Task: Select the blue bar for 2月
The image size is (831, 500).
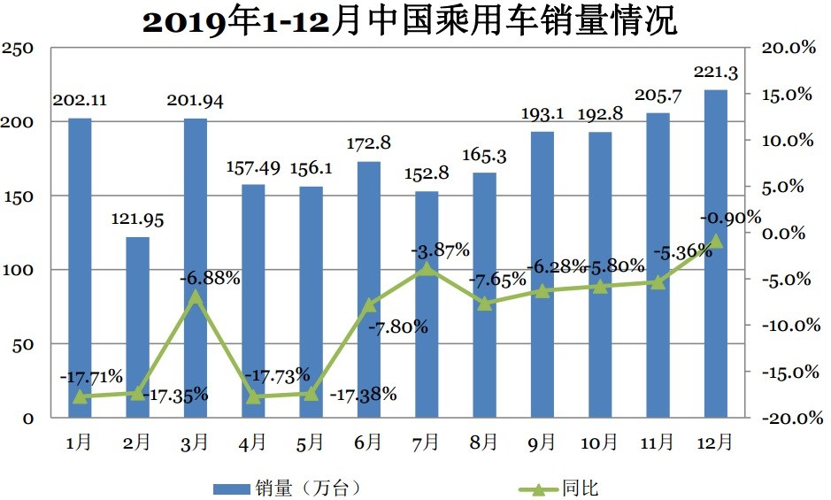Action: click(137, 327)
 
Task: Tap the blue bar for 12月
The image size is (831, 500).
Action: click(715, 253)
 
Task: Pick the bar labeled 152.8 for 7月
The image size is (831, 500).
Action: click(427, 304)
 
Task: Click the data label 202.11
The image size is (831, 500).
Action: click(80, 100)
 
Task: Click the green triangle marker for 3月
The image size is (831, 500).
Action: click(196, 296)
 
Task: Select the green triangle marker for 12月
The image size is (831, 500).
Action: click(715, 240)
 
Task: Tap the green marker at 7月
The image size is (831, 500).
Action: click(427, 267)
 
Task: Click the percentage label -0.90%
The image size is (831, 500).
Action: click(730, 217)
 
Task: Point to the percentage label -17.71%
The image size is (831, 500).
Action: click(91, 377)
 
